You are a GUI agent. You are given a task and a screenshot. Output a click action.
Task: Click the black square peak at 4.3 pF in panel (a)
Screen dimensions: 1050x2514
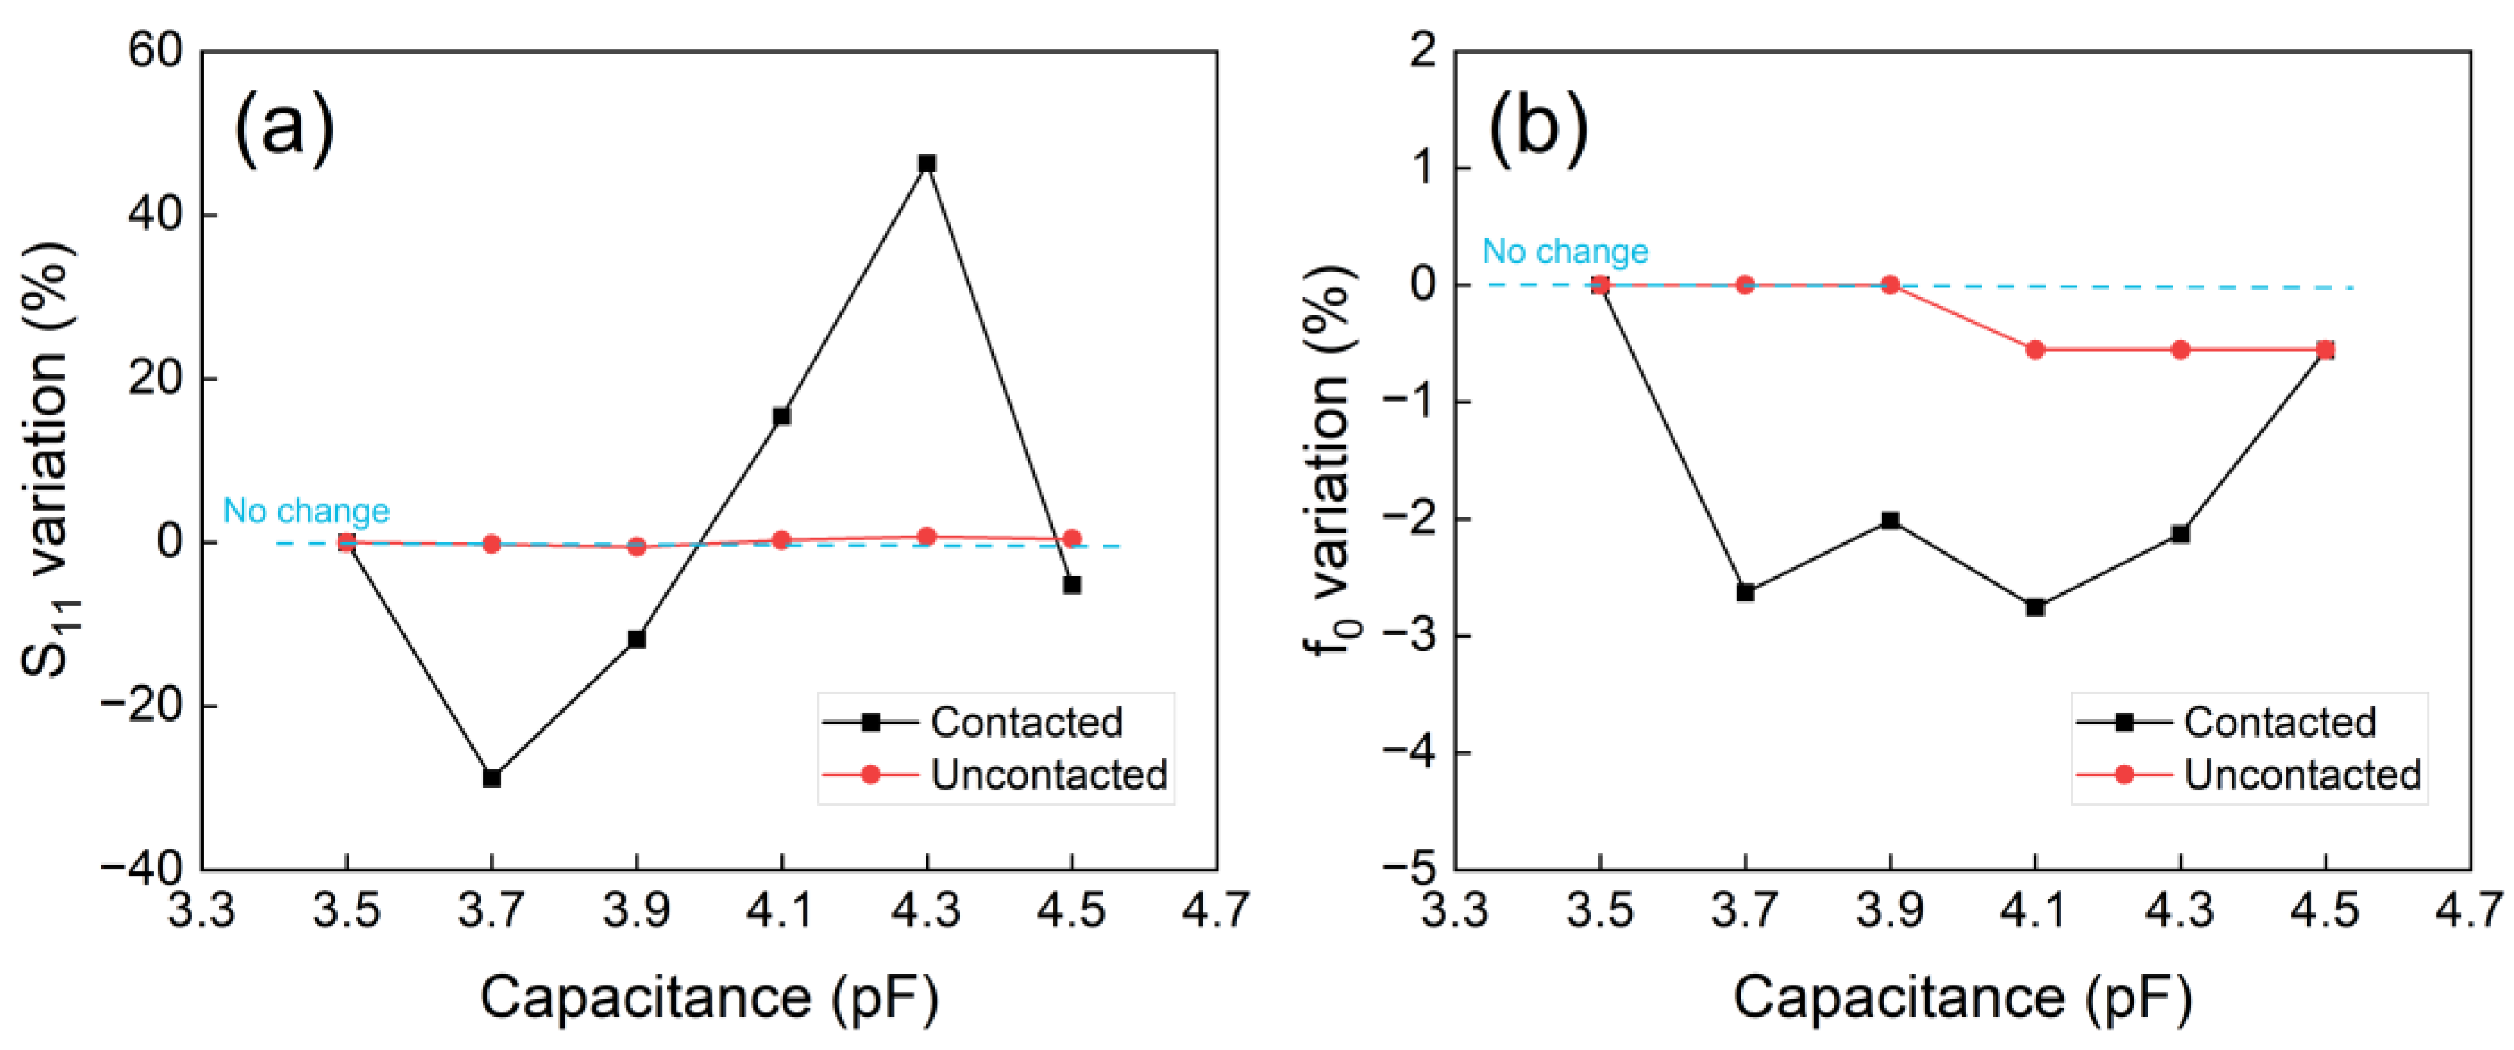tap(926, 163)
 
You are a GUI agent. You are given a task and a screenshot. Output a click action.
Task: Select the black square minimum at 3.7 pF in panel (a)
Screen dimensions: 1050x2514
tap(492, 778)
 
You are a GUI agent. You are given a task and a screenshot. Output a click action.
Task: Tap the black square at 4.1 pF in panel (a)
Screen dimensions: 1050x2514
tap(782, 416)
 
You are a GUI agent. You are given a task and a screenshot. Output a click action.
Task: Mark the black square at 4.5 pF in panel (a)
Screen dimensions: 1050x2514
tap(1072, 585)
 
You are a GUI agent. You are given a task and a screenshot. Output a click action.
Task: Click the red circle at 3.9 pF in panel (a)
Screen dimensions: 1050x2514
tap(636, 546)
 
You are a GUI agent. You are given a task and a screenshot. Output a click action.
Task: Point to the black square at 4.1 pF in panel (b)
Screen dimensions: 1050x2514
tap(2035, 607)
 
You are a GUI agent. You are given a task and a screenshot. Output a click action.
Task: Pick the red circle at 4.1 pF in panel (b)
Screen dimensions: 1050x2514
tap(2035, 349)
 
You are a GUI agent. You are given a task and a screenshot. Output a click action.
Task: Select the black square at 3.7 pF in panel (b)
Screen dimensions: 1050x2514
tap(1745, 592)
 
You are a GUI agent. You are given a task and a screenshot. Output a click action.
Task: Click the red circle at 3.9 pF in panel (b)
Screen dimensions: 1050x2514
tap(1890, 285)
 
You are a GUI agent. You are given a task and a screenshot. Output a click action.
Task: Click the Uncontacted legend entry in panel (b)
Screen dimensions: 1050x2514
tap(2301, 775)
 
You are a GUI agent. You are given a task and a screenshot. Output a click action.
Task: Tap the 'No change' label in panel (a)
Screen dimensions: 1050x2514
tap(306, 511)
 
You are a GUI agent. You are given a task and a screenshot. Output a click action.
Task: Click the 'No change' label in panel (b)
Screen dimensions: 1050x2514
tap(1566, 251)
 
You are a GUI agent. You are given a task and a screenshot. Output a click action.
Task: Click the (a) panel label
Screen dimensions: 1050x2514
tap(284, 128)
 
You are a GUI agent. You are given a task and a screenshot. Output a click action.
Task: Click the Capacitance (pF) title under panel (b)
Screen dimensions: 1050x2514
tap(1962, 997)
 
